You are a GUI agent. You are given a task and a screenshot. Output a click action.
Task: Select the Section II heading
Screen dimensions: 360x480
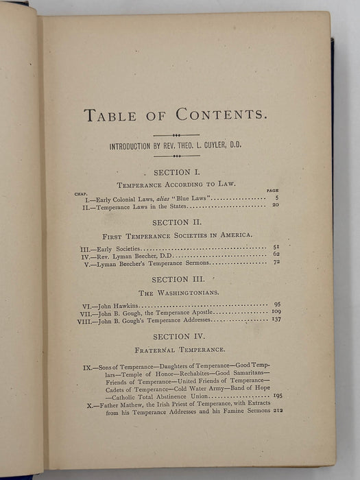tap(176, 222)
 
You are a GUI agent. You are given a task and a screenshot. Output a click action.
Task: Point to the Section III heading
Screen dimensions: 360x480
tap(176, 279)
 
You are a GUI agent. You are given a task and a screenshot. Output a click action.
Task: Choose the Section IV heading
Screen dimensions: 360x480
tap(176, 337)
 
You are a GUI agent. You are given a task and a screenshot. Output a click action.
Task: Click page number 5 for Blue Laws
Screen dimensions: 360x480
tap(275, 197)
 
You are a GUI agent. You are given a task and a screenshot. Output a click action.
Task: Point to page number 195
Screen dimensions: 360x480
tap(277, 396)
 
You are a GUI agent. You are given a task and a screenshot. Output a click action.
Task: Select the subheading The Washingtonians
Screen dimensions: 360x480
tap(176, 292)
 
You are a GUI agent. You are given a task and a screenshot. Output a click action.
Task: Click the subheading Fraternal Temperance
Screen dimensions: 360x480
tap(176, 350)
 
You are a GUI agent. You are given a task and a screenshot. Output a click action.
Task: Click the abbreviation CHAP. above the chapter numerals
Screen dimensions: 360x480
tap(80, 193)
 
